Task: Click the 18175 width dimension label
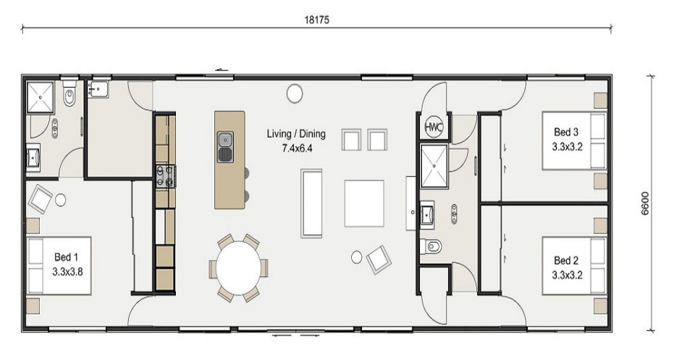pyautogui.click(x=317, y=20)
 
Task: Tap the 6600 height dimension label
pyautogui.click(x=645, y=203)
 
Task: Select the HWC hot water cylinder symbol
pyautogui.click(x=433, y=127)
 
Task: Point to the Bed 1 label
pyautogui.click(x=66, y=257)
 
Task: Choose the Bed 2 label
pyautogui.click(x=566, y=260)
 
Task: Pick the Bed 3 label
pyautogui.click(x=566, y=132)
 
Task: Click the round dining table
pyautogui.click(x=239, y=268)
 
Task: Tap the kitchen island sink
pyautogui.click(x=225, y=146)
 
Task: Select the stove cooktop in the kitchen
pyautogui.click(x=166, y=176)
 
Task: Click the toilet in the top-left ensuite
pyautogui.click(x=69, y=95)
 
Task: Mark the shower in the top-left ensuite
pyautogui.click(x=41, y=97)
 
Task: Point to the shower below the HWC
pyautogui.click(x=434, y=167)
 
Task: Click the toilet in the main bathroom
pyautogui.click(x=432, y=246)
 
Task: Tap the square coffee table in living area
pyautogui.click(x=364, y=204)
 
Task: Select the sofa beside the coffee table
pyautogui.click(x=311, y=204)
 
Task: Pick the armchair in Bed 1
pyautogui.click(x=40, y=198)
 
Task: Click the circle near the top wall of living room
pyautogui.click(x=295, y=93)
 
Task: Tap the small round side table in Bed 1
pyautogui.click(x=60, y=200)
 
